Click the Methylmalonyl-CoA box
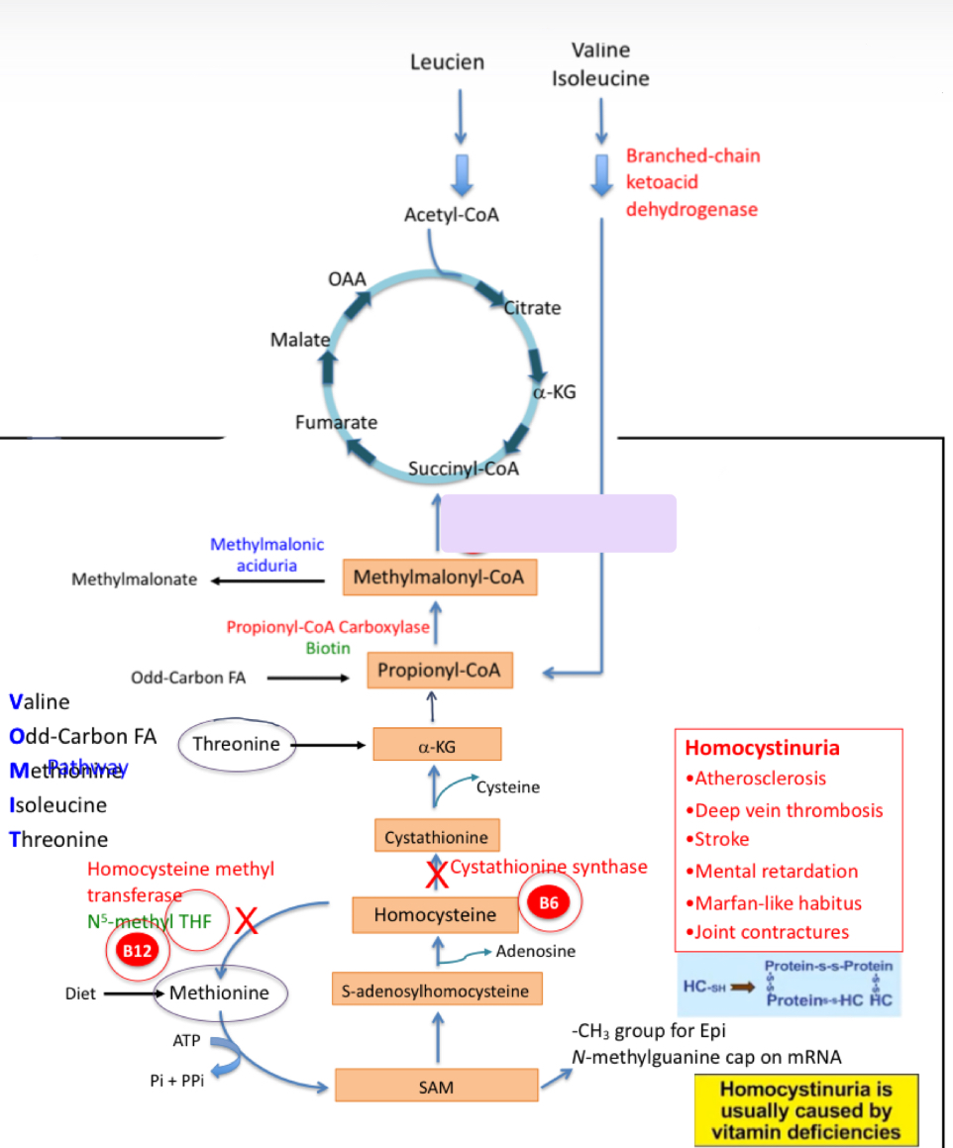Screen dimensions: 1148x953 coord(439,577)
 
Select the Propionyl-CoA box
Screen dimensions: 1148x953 coord(439,671)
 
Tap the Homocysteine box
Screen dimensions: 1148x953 coord(435,915)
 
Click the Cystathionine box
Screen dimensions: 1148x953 coord(437,837)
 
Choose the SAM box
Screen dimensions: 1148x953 coord(436,1087)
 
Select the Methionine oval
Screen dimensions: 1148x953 coord(219,991)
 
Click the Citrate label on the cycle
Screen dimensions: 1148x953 coord(533,308)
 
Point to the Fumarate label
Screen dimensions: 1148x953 coord(336,423)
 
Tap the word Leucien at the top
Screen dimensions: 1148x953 coord(447,62)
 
